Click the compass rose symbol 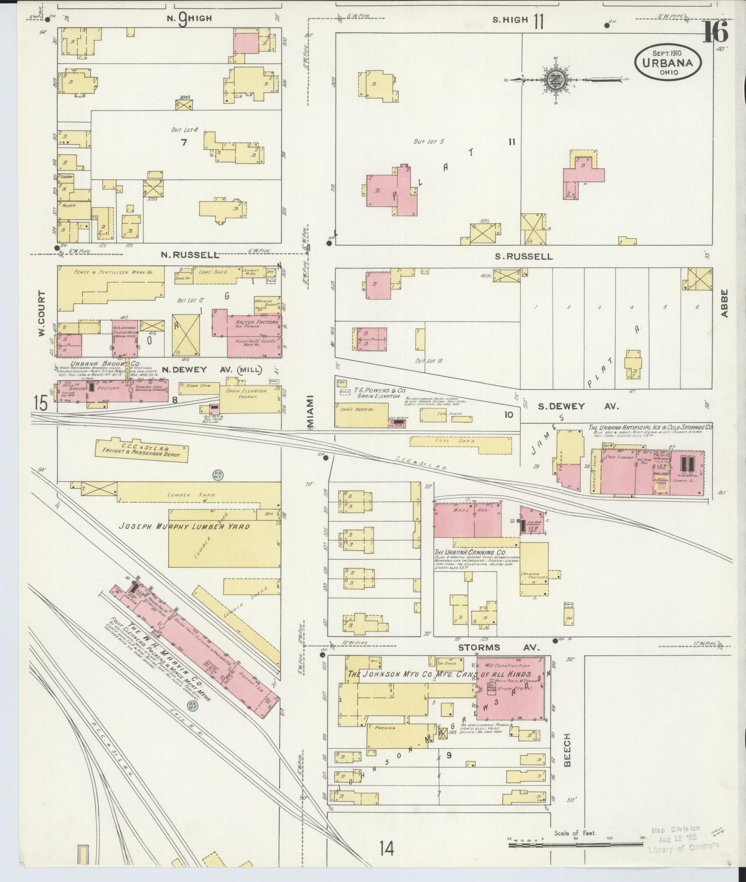coord(557,79)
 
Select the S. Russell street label coord(522,256)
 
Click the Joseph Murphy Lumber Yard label coord(184,527)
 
